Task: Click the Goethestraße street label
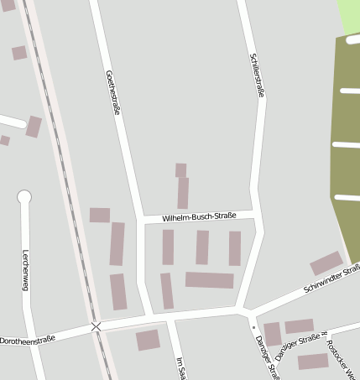(111, 92)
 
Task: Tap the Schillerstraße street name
(257, 75)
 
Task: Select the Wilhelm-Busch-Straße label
(199, 216)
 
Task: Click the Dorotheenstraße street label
(28, 340)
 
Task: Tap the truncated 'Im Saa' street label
(179, 367)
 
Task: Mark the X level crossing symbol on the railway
(97, 326)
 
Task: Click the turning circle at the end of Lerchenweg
(24, 197)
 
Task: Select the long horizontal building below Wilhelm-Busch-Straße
(209, 280)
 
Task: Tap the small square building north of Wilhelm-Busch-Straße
(180, 170)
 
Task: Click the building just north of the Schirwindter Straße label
(326, 263)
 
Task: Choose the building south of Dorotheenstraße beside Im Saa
(148, 340)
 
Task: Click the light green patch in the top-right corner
(349, 17)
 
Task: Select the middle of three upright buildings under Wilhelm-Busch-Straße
(202, 247)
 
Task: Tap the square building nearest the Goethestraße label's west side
(100, 215)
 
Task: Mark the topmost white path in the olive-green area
(347, 37)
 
